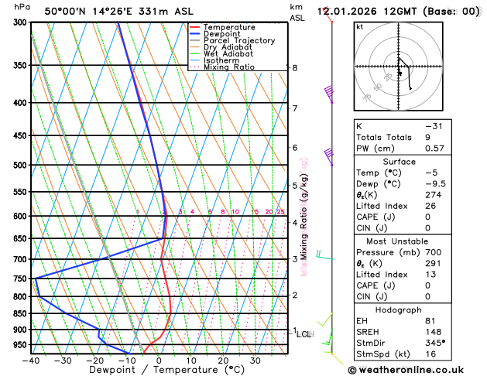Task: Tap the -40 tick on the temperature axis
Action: click(x=31, y=361)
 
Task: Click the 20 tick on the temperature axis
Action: click(x=223, y=361)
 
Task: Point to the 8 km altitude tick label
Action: click(x=295, y=68)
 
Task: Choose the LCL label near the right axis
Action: click(x=304, y=334)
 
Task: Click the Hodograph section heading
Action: click(x=399, y=309)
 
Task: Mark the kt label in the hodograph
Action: click(x=360, y=26)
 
